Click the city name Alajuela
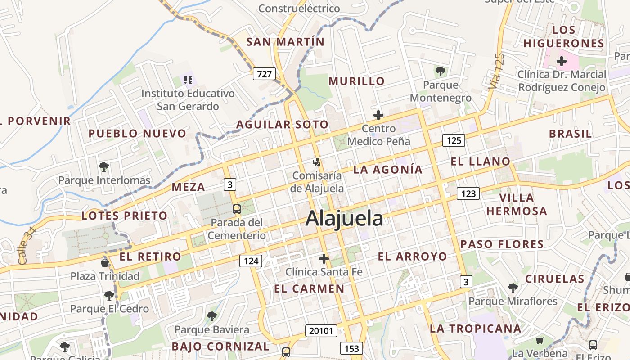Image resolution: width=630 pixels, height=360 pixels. pyautogui.click(x=344, y=219)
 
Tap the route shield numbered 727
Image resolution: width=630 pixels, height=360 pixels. pyautogui.click(x=264, y=73)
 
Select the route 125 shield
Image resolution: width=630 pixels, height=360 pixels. pyautogui.click(x=454, y=140)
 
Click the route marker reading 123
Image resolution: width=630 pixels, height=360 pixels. pyautogui.click(x=468, y=193)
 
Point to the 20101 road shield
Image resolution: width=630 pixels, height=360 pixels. pyautogui.click(x=321, y=331)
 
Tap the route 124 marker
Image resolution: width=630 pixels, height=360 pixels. pyautogui.click(x=251, y=261)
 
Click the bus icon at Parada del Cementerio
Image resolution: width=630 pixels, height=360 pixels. pyautogui.click(x=236, y=209)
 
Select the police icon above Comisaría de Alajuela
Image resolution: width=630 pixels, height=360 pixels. pyautogui.click(x=317, y=162)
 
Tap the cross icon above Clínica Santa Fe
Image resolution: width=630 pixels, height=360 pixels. pyautogui.click(x=324, y=259)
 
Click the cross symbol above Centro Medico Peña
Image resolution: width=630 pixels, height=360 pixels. pyautogui.click(x=378, y=115)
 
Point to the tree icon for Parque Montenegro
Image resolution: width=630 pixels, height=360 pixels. pyautogui.click(x=440, y=71)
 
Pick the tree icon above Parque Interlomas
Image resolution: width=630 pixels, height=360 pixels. pyautogui.click(x=104, y=167)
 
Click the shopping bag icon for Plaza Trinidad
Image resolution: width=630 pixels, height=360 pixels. pyautogui.click(x=105, y=262)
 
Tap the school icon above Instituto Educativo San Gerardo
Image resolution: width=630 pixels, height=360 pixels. pyautogui.click(x=188, y=80)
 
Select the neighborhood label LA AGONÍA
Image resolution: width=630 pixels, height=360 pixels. pyautogui.click(x=388, y=170)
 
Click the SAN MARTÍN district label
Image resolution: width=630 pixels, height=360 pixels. pyautogui.click(x=285, y=42)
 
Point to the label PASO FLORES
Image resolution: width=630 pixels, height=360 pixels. pyautogui.click(x=502, y=244)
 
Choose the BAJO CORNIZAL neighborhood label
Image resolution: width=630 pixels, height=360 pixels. pyautogui.click(x=220, y=346)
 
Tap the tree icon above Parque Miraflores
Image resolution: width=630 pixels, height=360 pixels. pyautogui.click(x=513, y=288)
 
